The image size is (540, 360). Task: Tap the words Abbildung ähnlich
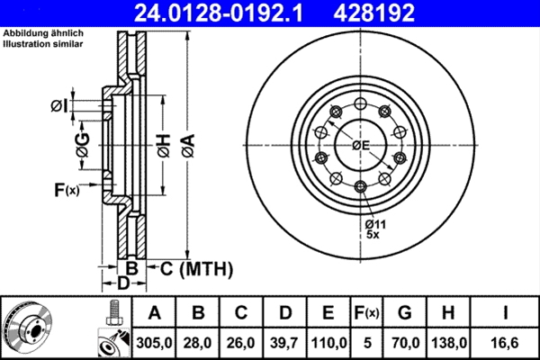click(42, 33)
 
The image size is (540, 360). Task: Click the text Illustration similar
click(40, 43)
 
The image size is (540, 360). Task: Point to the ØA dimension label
click(187, 143)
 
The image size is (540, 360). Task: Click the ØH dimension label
click(163, 143)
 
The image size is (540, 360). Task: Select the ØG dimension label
click(82, 143)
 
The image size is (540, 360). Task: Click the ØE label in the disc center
click(361, 145)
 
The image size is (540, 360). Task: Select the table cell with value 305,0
click(156, 342)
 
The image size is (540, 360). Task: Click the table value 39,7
click(285, 342)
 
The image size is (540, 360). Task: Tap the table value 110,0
click(329, 342)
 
